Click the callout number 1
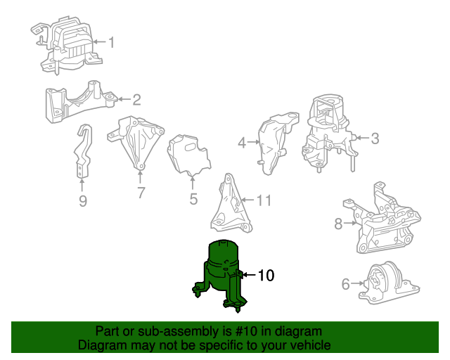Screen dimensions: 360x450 coord(110,43)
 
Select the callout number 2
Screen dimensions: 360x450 coord(136,100)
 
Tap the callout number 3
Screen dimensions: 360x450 coord(375,139)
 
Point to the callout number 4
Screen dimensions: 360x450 coord(242,143)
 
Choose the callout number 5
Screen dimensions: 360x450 coord(193,199)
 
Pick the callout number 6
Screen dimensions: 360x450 coord(345,284)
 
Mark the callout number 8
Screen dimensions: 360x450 coord(338,224)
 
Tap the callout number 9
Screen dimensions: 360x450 coord(82,202)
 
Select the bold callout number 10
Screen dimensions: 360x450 coord(265,276)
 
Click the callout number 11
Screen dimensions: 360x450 coord(263,201)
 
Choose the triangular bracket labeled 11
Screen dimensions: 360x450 coord(229,205)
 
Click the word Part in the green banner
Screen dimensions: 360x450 coord(107,331)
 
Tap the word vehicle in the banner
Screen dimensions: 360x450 coord(311,345)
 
